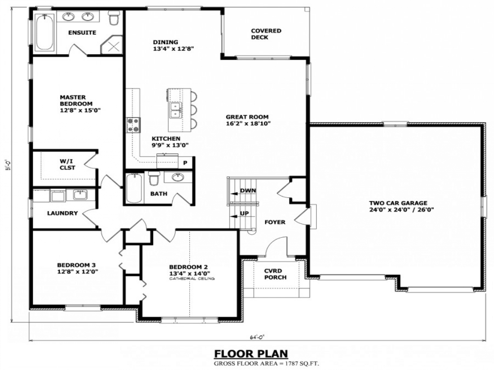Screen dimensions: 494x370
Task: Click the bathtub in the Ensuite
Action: tap(45, 32)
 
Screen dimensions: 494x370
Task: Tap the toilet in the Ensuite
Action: tap(113, 18)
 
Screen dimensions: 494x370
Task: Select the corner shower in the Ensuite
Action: tap(112, 45)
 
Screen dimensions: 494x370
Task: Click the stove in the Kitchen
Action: tap(133, 125)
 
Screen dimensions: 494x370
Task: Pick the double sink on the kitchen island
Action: tap(176, 110)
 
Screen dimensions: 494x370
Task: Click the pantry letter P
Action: tap(185, 163)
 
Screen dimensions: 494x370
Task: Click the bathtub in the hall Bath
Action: tap(134, 188)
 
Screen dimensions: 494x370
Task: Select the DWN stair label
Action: tap(248, 191)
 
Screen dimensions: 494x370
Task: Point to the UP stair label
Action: tap(244, 213)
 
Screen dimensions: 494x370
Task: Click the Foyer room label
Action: tap(275, 222)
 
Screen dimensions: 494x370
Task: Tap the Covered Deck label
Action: tap(266, 34)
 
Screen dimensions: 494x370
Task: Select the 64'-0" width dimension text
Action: tap(257, 337)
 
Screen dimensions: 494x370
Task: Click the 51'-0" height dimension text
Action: tap(8, 165)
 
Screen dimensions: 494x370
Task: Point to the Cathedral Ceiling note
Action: tap(192, 279)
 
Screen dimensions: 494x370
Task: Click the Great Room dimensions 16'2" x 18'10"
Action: tap(248, 123)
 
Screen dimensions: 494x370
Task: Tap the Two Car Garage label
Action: tap(398, 203)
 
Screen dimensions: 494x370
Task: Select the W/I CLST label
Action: tap(67, 165)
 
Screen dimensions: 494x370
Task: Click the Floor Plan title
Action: tap(251, 353)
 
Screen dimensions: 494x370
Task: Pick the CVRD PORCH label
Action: tap(275, 274)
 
